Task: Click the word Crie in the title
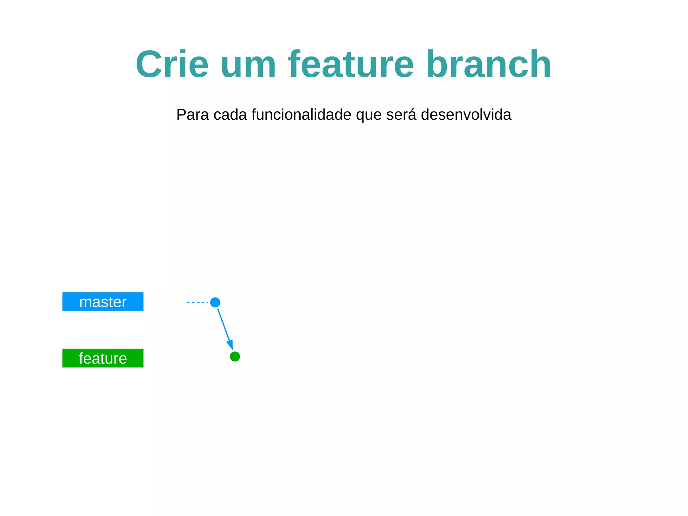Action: tap(172, 64)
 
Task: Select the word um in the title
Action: tap(248, 64)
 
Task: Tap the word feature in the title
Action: tap(351, 64)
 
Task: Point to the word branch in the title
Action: tap(489, 64)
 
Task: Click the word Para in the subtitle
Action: tap(193, 115)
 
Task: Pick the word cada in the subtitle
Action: tap(230, 115)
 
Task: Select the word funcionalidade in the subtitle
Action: tap(301, 115)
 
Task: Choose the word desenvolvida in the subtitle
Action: tap(466, 115)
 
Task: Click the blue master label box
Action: tap(103, 302)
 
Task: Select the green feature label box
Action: tap(103, 358)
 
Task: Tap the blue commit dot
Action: tap(215, 302)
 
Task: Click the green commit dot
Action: tap(235, 356)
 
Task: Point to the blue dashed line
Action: tap(198, 303)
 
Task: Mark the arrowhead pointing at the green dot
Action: tap(230, 345)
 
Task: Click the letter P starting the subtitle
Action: tap(181, 115)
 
